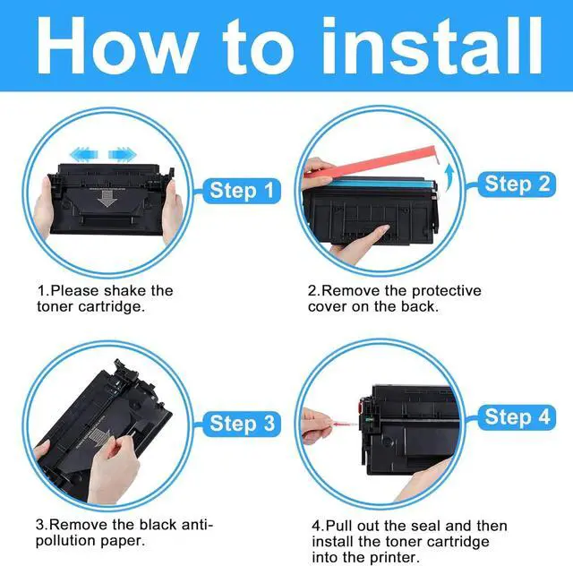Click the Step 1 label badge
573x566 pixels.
[242, 191]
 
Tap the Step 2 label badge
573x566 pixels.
[517, 184]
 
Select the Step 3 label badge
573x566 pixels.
[242, 424]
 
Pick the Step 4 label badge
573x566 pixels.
[517, 416]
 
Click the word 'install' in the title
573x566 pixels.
[432, 46]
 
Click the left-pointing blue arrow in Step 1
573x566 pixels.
[84, 154]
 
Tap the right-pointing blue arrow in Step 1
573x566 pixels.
[123, 154]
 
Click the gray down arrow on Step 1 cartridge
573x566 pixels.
[107, 198]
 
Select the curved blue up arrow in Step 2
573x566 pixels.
[449, 176]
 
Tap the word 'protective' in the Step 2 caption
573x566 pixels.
[446, 291]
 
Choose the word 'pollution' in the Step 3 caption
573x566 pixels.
[65, 541]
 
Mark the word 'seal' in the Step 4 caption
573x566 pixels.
[425, 526]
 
